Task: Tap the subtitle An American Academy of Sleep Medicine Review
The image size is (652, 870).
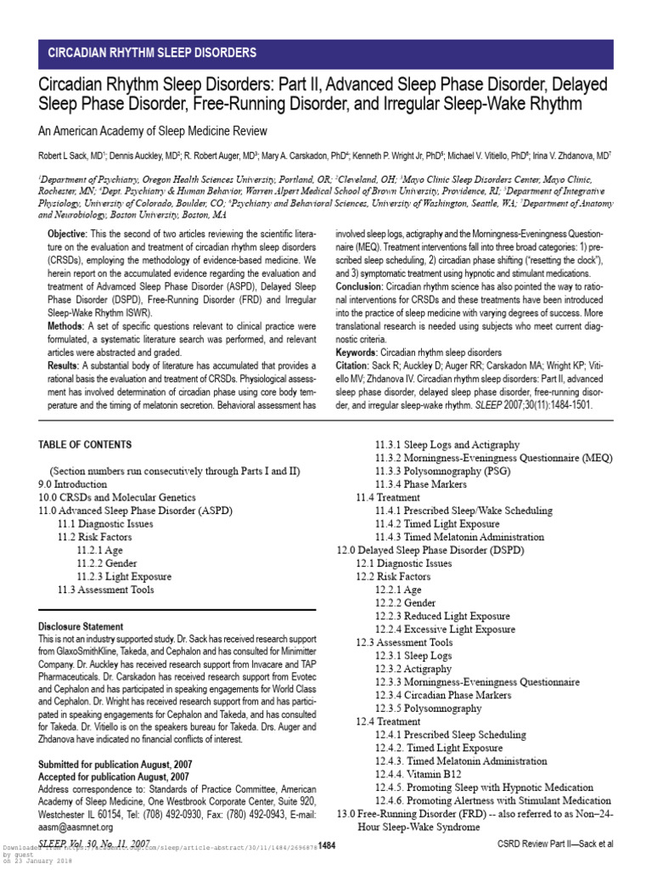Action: [x=151, y=131]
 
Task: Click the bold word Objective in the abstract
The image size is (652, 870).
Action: [x=66, y=234]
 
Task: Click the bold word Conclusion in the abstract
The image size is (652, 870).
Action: [x=363, y=287]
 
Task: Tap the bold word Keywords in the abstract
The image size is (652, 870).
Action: [x=357, y=352]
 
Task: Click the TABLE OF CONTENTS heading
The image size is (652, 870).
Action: [x=85, y=444]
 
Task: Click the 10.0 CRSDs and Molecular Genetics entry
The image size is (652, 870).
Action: [x=117, y=497]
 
